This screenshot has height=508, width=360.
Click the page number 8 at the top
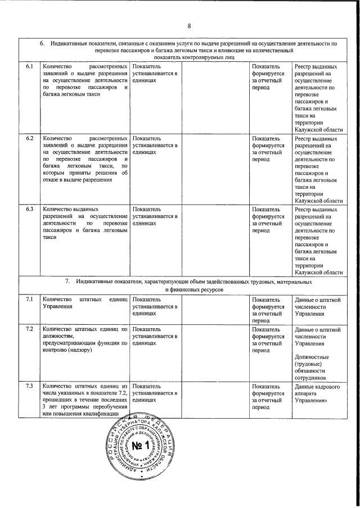point(190,26)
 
